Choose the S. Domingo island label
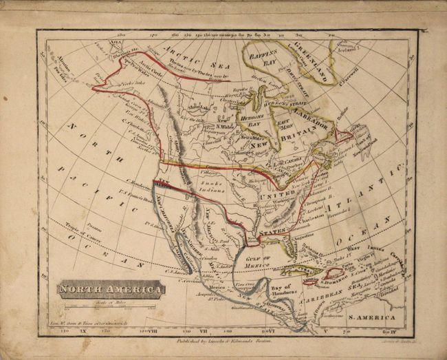point(344,281)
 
